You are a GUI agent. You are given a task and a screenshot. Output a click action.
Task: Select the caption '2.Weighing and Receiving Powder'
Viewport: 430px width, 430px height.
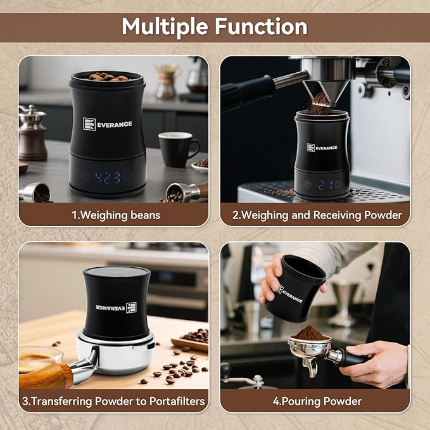click(x=317, y=215)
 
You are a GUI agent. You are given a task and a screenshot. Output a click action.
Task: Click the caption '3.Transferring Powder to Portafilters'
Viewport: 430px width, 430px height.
click(x=113, y=401)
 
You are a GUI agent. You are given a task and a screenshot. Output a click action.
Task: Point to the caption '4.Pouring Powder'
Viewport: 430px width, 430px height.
click(x=317, y=401)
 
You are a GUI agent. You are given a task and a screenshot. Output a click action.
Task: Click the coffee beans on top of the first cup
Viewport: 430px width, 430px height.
click(x=106, y=77)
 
